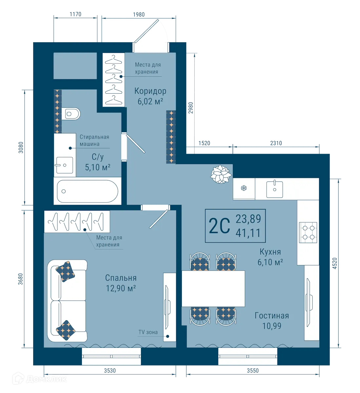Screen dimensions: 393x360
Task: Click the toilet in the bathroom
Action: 72,114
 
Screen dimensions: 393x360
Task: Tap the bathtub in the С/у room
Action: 87,191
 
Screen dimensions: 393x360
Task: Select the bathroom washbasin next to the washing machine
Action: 64,165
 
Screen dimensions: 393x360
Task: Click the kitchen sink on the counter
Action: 275,189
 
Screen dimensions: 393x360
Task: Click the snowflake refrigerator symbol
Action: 244,188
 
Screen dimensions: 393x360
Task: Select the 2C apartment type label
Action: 219,226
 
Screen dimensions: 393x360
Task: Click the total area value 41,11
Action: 248,233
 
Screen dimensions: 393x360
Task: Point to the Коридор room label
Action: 150,91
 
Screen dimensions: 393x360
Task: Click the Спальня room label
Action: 121,278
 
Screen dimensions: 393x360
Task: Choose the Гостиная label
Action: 272,316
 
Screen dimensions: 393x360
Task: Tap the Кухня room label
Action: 270,252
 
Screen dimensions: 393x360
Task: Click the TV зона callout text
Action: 148,332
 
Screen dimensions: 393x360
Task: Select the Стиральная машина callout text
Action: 94,140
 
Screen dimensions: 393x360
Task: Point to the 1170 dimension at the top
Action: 75,14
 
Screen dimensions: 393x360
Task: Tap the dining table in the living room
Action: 213,289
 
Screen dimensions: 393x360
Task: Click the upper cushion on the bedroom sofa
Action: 66,271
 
